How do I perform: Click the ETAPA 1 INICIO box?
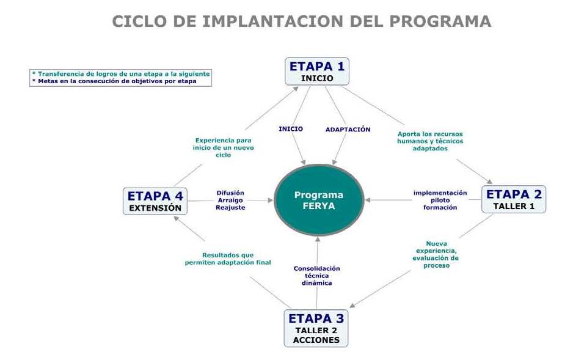click(x=317, y=72)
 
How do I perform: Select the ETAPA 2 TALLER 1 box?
click(x=514, y=199)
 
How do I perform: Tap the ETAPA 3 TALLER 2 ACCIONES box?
click(x=316, y=328)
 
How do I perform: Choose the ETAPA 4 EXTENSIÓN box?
click(x=155, y=201)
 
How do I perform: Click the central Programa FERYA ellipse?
click(x=319, y=200)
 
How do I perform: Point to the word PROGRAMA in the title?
click(x=440, y=21)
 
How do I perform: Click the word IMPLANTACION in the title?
click(x=272, y=21)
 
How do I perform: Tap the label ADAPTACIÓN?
click(x=348, y=130)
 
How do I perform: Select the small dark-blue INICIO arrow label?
click(x=291, y=128)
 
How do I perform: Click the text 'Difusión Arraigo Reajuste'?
click(x=230, y=200)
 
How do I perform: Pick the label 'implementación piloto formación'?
click(x=440, y=200)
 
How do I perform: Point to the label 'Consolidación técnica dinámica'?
click(x=317, y=276)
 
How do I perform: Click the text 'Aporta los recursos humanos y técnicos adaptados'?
click(x=430, y=141)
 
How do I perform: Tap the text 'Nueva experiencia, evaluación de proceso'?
click(x=436, y=254)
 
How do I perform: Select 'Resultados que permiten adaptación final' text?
click(x=228, y=259)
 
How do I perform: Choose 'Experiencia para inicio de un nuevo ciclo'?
click(x=224, y=147)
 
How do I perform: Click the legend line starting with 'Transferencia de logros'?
click(x=121, y=74)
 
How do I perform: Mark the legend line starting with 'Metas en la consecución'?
click(x=114, y=81)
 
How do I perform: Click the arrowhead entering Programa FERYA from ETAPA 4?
click(x=271, y=200)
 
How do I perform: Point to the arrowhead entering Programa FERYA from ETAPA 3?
click(x=318, y=239)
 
